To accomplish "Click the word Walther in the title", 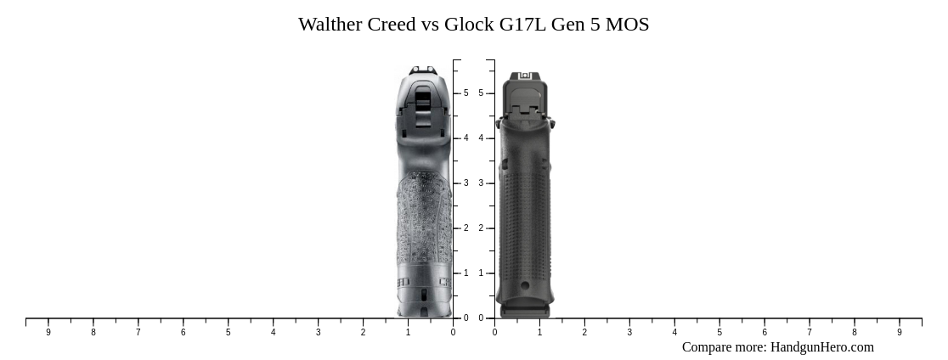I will (x=330, y=25).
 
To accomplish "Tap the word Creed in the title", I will (x=392, y=25).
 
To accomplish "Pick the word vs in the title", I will (x=431, y=25).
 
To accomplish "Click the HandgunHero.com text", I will (x=821, y=346).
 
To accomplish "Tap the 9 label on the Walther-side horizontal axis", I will (x=48, y=333).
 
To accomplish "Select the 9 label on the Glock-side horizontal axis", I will (x=900, y=333).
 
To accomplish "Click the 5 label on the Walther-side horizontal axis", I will (x=228, y=333).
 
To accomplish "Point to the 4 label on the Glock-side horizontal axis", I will (x=674, y=333).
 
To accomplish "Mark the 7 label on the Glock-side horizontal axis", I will (x=810, y=333).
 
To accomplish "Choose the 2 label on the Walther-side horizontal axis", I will (x=363, y=333).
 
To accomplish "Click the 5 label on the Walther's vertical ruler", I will (x=466, y=93).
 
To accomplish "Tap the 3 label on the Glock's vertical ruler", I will (x=481, y=183).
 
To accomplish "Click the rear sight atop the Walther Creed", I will (x=422, y=71).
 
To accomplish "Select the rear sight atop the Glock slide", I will (x=524, y=76).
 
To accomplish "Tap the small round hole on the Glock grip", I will (x=525, y=285).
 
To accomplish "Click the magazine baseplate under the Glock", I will (x=525, y=312).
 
